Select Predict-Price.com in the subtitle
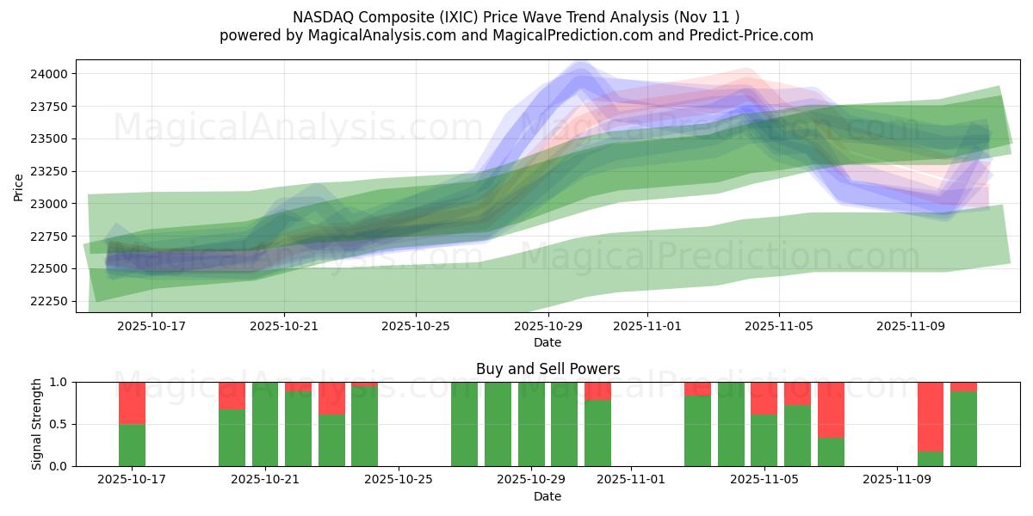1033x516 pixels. point(745,35)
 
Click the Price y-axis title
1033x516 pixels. point(19,187)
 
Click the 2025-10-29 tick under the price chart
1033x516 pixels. point(548,327)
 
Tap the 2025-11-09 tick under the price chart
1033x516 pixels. point(911,327)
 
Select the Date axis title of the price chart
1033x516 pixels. point(547,342)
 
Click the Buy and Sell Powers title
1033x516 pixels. point(547,369)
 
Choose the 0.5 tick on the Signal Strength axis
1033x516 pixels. point(59,424)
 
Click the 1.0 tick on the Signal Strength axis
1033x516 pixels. point(59,382)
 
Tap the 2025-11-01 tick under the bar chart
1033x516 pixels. point(632,480)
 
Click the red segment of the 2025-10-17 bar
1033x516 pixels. point(132,402)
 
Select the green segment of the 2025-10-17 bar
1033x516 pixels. point(132,445)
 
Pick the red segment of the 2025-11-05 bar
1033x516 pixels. point(764,397)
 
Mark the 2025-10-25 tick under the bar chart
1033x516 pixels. point(399,480)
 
